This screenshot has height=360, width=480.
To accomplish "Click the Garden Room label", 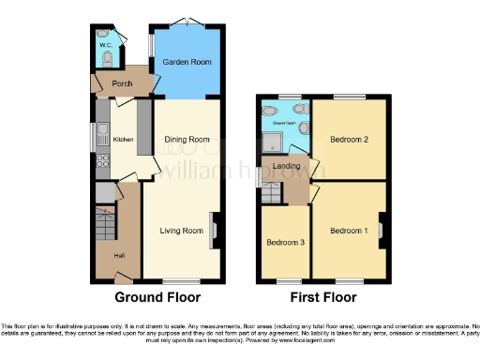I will coord(186,62).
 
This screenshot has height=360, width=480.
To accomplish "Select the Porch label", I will coord(122,83).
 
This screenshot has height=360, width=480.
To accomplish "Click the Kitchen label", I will coord(124,140).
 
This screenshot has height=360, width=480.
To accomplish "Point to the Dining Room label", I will coord(187,140).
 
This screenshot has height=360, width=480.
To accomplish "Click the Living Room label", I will coord(181,230).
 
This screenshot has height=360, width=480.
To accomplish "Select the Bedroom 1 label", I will coord(348,230).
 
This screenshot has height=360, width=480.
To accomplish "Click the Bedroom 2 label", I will coord(348,140).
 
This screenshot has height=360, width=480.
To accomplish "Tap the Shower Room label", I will coord(284,123).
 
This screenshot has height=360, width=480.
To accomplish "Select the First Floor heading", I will coord(322,298).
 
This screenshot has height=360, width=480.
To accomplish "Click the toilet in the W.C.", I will coord(108,58).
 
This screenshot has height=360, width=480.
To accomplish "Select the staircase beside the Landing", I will coord(271,192).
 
